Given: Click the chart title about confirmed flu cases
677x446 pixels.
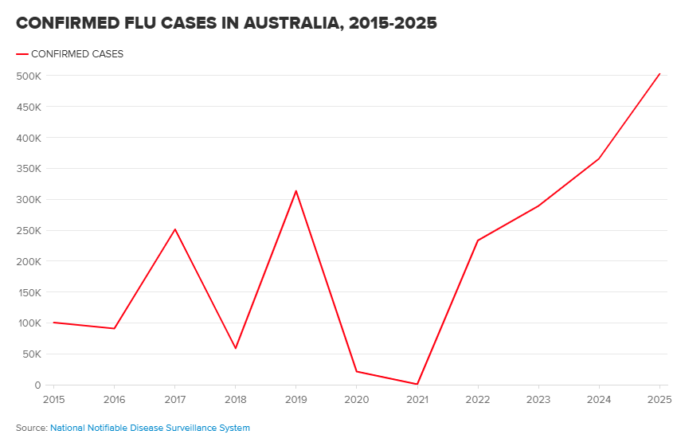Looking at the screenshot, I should click(226, 23).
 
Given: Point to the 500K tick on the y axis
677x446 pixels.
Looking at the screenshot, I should click(29, 76).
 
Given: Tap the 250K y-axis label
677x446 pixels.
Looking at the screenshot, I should click(29, 230).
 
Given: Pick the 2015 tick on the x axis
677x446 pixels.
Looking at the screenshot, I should click(53, 398).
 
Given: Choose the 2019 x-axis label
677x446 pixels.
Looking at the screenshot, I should click(295, 398).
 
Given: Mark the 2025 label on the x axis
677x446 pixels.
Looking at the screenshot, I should click(658, 398).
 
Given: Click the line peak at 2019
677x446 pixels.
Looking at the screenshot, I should click(296, 190).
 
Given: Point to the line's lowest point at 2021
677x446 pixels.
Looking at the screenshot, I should click(417, 384).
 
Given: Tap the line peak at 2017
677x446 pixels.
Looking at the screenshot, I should click(175, 229).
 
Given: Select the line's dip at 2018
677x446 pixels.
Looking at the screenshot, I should click(236, 348).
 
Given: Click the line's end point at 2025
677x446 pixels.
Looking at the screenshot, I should click(659, 73).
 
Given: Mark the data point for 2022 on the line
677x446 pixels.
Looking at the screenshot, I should click(478, 241).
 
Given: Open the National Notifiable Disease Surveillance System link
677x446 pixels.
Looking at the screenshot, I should click(150, 428).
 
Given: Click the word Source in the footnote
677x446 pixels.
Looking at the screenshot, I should click(30, 428).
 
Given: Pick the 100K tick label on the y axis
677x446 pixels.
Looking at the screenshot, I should click(29, 323).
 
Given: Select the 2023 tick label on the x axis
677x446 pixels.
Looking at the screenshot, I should click(538, 398).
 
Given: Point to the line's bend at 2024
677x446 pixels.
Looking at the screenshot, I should click(599, 158).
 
